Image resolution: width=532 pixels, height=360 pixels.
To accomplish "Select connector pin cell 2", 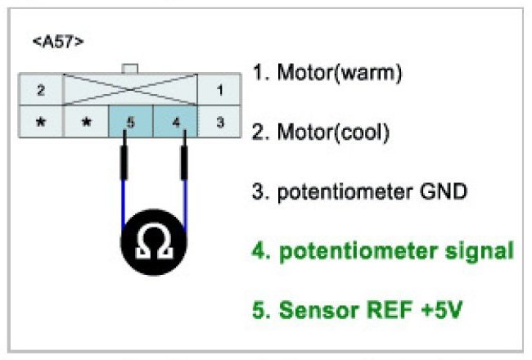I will (40, 88).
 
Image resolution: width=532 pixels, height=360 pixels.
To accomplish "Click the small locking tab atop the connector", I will (128, 69).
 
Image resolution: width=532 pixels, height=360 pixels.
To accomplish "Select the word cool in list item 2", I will (367, 131).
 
